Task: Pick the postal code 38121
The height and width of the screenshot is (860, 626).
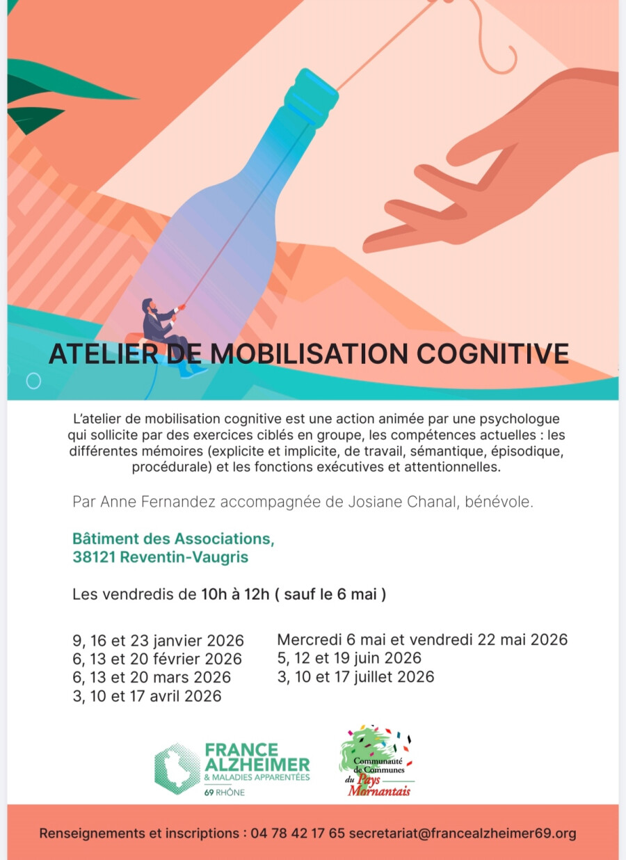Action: (94, 557)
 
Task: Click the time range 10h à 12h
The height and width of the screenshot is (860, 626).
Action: (235, 594)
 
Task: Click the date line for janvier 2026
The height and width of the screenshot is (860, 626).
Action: (159, 640)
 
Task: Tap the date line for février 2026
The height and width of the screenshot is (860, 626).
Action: (157, 659)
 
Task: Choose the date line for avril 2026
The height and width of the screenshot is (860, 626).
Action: (147, 696)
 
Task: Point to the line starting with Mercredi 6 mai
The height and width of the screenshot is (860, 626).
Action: (422, 639)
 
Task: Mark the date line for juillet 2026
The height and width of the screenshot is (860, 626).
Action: (355, 676)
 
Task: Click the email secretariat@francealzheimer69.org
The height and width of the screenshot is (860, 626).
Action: (463, 833)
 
